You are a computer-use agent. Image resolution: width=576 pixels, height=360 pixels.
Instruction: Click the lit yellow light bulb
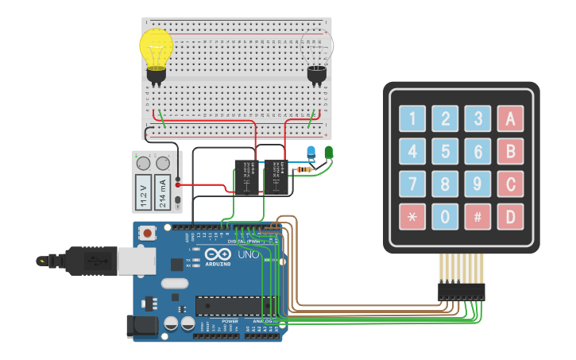pos(156,49)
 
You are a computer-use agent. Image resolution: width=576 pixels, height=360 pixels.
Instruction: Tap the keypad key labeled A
pos(510,119)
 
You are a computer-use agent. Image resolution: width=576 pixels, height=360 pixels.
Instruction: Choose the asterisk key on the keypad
pos(412,216)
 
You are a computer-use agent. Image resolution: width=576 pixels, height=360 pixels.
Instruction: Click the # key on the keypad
pos(477,216)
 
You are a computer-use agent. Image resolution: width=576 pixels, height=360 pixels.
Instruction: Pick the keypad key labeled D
pos(510,216)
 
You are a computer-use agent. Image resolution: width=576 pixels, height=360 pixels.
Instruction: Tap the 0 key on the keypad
pos(445,216)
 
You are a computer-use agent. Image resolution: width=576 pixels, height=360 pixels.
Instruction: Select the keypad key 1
pos(412,119)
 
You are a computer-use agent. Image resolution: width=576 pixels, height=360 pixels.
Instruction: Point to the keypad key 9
pos(477,184)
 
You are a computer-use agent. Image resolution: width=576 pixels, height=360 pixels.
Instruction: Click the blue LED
pos(311,152)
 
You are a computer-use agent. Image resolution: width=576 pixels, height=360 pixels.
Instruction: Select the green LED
pos(329,151)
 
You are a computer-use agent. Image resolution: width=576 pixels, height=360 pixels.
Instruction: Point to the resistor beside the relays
pos(304,169)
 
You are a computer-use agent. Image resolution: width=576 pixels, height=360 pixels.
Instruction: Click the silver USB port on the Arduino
pos(96,260)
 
